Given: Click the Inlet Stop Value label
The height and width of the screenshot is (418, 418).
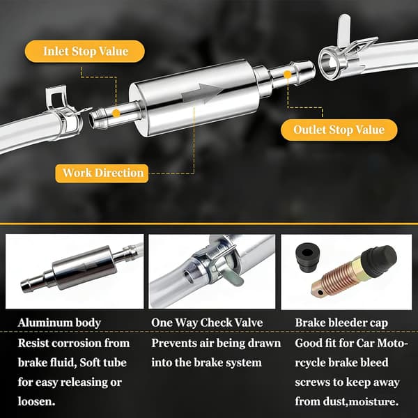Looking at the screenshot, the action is click(85, 51).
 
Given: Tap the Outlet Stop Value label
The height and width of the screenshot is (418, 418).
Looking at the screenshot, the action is click(339, 130).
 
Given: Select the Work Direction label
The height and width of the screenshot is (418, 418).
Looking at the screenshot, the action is click(102, 173).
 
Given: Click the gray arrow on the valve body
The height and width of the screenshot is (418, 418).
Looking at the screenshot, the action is click(201, 93).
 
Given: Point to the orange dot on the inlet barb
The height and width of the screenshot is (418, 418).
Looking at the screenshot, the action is click(116, 113).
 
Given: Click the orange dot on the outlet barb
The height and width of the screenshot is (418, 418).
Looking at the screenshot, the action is click(287, 75).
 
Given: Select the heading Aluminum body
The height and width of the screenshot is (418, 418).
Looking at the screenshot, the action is click(59, 323).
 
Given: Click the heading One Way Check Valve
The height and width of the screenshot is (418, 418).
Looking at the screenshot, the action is click(207, 323).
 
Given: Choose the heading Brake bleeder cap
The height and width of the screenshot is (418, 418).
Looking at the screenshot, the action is click(341, 323).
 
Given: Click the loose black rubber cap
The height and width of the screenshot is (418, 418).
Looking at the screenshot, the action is click(308, 256).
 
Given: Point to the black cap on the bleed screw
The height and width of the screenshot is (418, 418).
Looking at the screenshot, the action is click(379, 260).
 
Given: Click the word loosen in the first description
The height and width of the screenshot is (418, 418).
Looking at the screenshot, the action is click(36, 401).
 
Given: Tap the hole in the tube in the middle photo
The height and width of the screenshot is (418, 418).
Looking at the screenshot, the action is click(189, 277).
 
